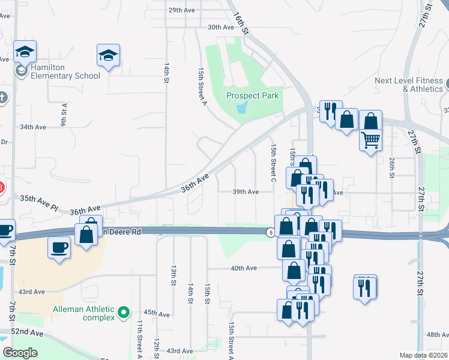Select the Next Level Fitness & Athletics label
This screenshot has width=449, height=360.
click(x=408, y=85)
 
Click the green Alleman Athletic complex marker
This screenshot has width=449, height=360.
click(x=124, y=312)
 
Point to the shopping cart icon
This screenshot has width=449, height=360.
click(x=371, y=140)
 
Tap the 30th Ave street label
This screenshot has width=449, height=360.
click(x=220, y=28)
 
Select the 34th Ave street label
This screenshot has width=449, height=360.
click(x=33, y=127)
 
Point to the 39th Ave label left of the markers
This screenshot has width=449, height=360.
click(x=246, y=192)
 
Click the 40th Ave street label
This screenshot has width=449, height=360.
click(x=244, y=268)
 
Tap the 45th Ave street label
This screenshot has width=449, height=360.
click(x=157, y=313)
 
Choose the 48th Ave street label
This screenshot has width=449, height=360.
click(x=437, y=334)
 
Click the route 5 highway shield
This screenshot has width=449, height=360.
click(x=271, y=232)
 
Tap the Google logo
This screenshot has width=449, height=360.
click(x=20, y=353)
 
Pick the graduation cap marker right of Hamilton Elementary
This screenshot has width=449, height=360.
click(x=108, y=56)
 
